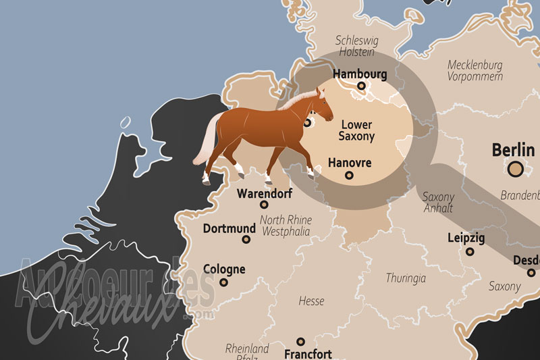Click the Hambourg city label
click(360, 74)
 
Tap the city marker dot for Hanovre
click(349, 176)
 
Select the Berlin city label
click(513, 149)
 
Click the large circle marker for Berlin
click(516, 169)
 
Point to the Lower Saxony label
click(357, 130)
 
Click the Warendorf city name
click(263, 193)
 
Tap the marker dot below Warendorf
click(264, 205)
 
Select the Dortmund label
click(230, 229)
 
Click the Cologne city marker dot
click(225, 282)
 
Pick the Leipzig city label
click(466, 238)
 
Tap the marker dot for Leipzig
click(470, 252)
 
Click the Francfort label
click(308, 354)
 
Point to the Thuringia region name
click(406, 278)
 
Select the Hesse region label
click(310, 301)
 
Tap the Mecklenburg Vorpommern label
click(475, 71)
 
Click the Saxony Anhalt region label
click(438, 203)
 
